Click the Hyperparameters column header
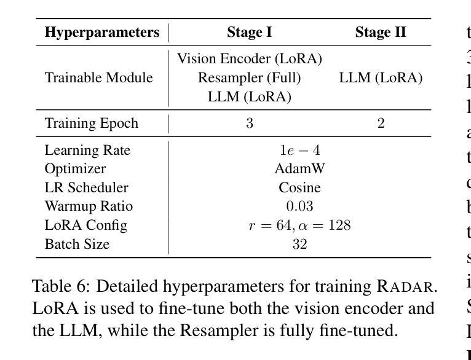click(x=102, y=33)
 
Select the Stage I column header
click(x=249, y=33)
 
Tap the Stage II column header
click(x=381, y=33)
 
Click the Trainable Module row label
click(x=98, y=78)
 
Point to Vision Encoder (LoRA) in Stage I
click(x=250, y=59)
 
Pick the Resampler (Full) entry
click(x=249, y=78)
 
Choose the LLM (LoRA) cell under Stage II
click(x=381, y=78)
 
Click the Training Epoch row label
click(x=92, y=123)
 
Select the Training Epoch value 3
click(x=250, y=123)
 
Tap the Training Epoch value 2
click(x=381, y=123)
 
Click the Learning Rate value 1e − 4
click(x=299, y=151)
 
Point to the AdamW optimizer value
click(x=299, y=169)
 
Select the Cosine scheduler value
click(x=299, y=187)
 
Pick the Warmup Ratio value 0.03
click(x=299, y=206)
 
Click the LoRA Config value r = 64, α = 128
click(x=299, y=225)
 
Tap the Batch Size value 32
click(x=299, y=245)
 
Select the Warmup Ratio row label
click(x=89, y=206)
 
